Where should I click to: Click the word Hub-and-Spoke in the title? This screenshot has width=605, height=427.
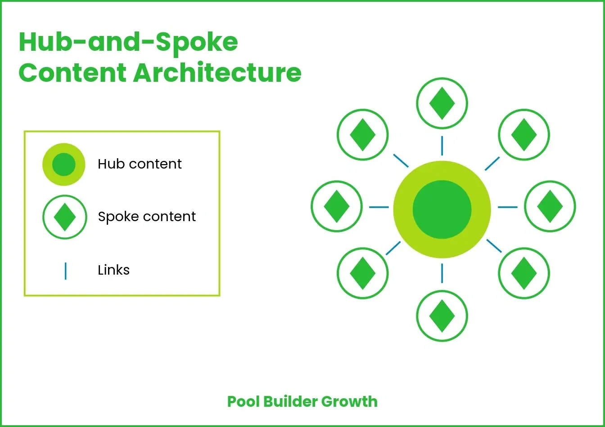tap(128, 43)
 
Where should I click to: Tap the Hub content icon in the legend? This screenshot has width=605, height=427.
tap(63, 165)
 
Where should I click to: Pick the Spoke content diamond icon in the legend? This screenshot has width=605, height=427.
tap(64, 217)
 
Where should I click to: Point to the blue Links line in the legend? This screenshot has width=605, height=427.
tap(66, 271)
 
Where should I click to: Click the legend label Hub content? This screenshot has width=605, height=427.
tap(140, 164)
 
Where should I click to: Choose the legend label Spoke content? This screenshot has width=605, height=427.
tap(147, 217)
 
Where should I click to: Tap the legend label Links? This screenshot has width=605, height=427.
tap(113, 270)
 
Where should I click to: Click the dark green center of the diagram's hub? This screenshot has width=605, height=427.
tap(442, 209)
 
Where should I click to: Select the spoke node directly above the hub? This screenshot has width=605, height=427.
tap(442, 103)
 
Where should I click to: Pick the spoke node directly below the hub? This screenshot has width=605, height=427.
tap(442, 316)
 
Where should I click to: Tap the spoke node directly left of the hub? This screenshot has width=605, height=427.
tap(336, 207)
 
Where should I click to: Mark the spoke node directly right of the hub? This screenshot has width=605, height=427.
tap(550, 207)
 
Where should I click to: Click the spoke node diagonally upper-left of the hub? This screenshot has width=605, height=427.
tap(362, 134)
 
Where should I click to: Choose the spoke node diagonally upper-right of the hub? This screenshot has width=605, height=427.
tap(524, 134)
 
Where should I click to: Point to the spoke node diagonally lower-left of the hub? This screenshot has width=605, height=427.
tap(362, 273)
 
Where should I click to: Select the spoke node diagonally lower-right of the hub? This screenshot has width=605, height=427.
tap(524, 273)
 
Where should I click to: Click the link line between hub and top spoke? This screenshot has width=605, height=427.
tap(442, 146)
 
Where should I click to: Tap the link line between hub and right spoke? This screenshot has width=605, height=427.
tap(508, 207)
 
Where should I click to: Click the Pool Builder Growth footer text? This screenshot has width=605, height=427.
tap(302, 401)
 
